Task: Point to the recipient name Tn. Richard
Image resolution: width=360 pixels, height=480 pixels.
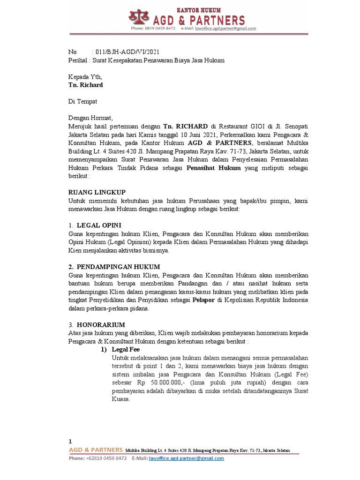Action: coord(86,85)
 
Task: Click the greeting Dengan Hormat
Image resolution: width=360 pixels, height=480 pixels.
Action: coord(91,118)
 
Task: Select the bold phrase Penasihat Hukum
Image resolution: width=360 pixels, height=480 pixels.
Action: coord(214,168)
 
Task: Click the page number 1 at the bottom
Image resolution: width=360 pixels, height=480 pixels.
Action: coord(70,441)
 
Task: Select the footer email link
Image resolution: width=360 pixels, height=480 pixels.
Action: coord(186,458)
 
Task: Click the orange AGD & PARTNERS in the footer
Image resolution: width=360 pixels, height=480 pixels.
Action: coord(96,450)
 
